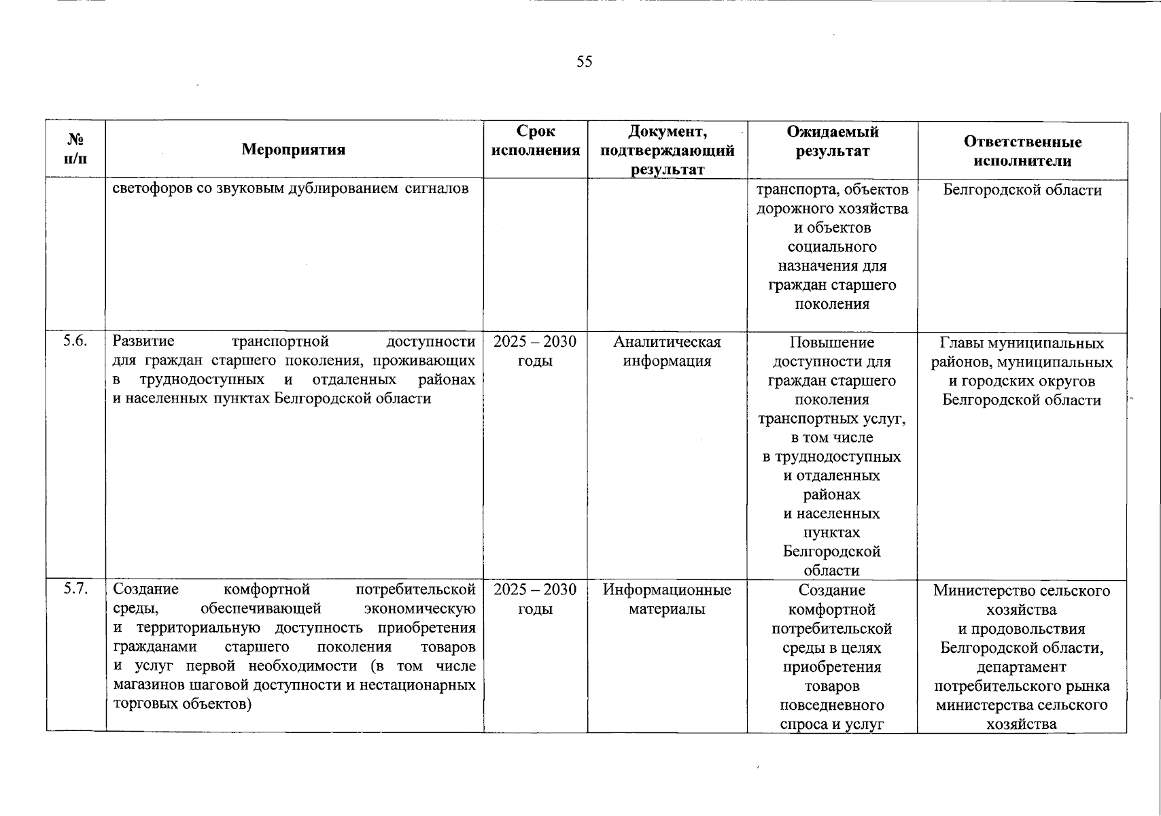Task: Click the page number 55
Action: pos(585,62)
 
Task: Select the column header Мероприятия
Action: pos(294,150)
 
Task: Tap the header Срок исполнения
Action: pos(536,141)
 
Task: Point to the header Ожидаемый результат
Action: pos(832,141)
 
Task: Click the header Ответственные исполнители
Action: pos(1022,151)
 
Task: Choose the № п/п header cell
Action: pos(76,149)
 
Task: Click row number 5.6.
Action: pos(75,341)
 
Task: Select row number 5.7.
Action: pos(75,589)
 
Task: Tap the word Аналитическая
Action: pos(667,342)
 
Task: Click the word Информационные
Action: pos(667,590)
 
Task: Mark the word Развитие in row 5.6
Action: pos(143,341)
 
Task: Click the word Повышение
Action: pos(832,343)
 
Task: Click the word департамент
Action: pos(1021,667)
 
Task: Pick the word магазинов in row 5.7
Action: pos(145,685)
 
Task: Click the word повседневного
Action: pos(832,705)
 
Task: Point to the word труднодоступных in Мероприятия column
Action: pos(202,379)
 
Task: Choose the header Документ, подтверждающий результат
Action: pos(667,150)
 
